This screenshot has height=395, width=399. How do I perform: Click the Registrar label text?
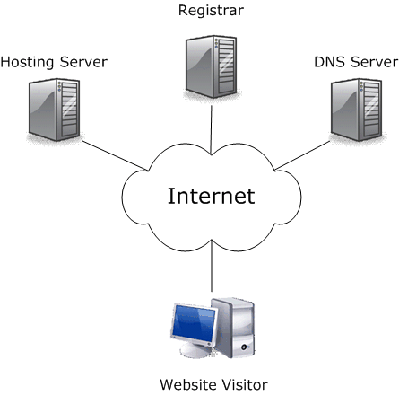point(211,12)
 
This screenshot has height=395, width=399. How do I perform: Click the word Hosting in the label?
point(29,62)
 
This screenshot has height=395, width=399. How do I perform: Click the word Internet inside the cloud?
point(212,196)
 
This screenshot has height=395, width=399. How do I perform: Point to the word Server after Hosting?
point(83,62)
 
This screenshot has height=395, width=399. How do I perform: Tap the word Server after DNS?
point(372,62)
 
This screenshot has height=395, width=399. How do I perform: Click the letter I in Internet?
point(171,196)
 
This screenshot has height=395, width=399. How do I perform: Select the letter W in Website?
point(166,384)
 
